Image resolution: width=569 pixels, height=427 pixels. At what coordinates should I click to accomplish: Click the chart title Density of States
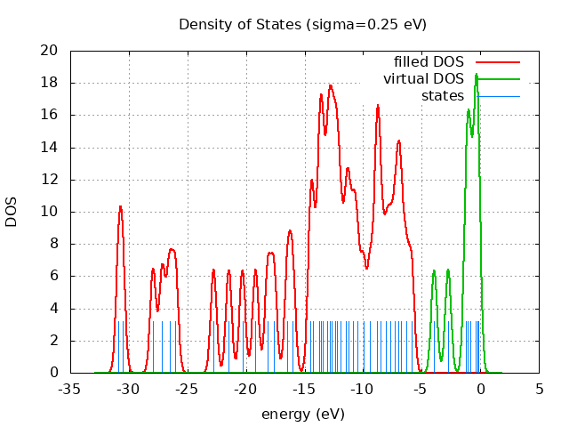point(302,24)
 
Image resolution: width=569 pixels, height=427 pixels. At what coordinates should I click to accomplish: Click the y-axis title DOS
point(12,212)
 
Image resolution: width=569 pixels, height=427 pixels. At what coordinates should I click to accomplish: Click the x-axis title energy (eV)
point(302,414)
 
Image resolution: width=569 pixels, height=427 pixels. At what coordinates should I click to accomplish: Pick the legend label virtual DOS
point(423,78)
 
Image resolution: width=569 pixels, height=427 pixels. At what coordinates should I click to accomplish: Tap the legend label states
point(442,95)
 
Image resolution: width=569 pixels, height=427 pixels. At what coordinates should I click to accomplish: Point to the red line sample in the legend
point(497,61)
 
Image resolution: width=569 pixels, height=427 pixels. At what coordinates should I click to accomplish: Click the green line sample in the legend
point(497,78)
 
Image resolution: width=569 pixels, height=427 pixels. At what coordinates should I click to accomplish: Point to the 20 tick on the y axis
point(51,51)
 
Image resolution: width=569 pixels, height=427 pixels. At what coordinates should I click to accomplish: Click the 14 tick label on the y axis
point(51,148)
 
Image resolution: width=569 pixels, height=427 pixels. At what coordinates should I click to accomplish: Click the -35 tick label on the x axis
point(70,389)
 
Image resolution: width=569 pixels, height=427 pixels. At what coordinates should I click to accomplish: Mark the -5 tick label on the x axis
point(421,389)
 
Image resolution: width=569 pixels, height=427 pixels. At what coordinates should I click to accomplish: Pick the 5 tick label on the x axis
point(539,389)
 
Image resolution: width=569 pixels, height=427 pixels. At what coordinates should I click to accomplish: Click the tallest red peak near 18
point(331,85)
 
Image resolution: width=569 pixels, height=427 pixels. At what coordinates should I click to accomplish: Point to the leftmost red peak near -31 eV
point(120,206)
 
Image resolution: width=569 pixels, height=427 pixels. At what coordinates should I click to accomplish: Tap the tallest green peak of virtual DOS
point(477,74)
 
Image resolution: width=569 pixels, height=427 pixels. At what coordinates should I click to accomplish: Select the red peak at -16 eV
point(290,230)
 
